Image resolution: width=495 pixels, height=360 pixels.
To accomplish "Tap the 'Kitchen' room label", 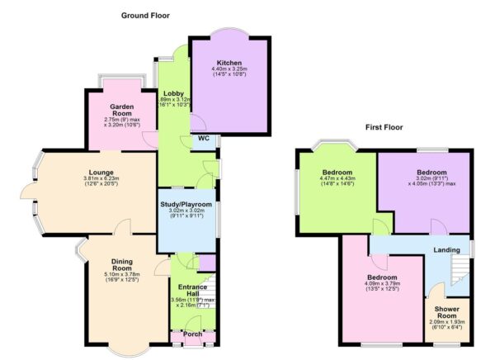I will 229,63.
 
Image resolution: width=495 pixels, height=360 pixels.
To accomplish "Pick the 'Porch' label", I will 191,335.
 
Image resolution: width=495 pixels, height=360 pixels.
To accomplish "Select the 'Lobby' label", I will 173,93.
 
